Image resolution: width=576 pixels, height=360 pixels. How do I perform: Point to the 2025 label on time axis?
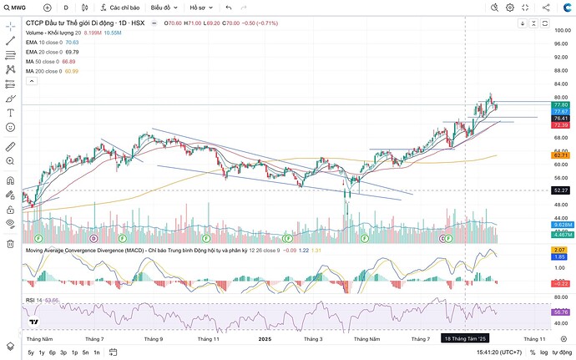[x=265, y=339]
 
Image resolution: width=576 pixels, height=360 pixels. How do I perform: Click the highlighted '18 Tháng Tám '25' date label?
[x=465, y=339]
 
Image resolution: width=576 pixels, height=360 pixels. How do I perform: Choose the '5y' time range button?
[x=31, y=352]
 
